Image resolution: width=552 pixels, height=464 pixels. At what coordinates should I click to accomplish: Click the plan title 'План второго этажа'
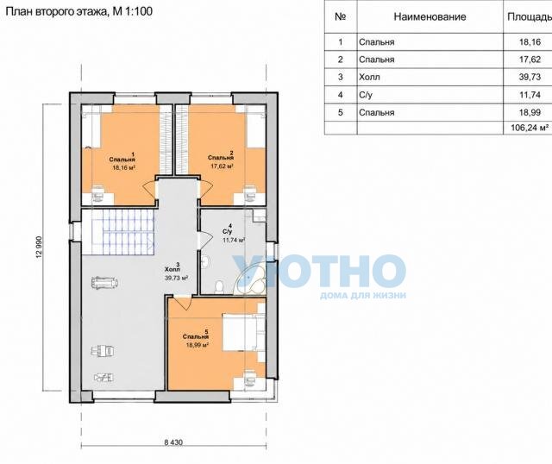click(55, 11)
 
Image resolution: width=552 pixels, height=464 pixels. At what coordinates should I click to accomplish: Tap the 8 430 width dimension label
click(173, 442)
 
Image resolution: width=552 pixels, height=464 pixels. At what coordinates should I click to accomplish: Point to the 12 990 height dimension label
click(39, 248)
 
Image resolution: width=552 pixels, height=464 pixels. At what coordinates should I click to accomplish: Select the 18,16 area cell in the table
click(530, 42)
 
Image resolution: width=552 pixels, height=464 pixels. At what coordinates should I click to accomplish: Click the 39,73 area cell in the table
click(530, 77)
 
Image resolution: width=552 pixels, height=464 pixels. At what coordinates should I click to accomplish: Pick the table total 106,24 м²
click(530, 128)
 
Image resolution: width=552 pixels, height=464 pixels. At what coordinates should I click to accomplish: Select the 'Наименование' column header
click(430, 17)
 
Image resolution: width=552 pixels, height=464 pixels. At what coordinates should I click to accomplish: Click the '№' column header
click(341, 17)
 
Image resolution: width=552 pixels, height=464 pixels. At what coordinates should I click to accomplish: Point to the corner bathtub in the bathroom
click(251, 280)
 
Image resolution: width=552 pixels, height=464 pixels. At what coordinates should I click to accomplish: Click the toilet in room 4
click(218, 286)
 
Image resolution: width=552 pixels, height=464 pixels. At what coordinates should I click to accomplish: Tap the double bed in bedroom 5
click(244, 332)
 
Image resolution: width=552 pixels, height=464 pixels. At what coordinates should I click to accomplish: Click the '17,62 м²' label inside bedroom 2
click(223, 166)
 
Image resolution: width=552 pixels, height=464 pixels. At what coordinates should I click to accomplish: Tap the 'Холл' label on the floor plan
click(172, 270)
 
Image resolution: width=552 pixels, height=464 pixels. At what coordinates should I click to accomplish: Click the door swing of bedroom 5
click(183, 303)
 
